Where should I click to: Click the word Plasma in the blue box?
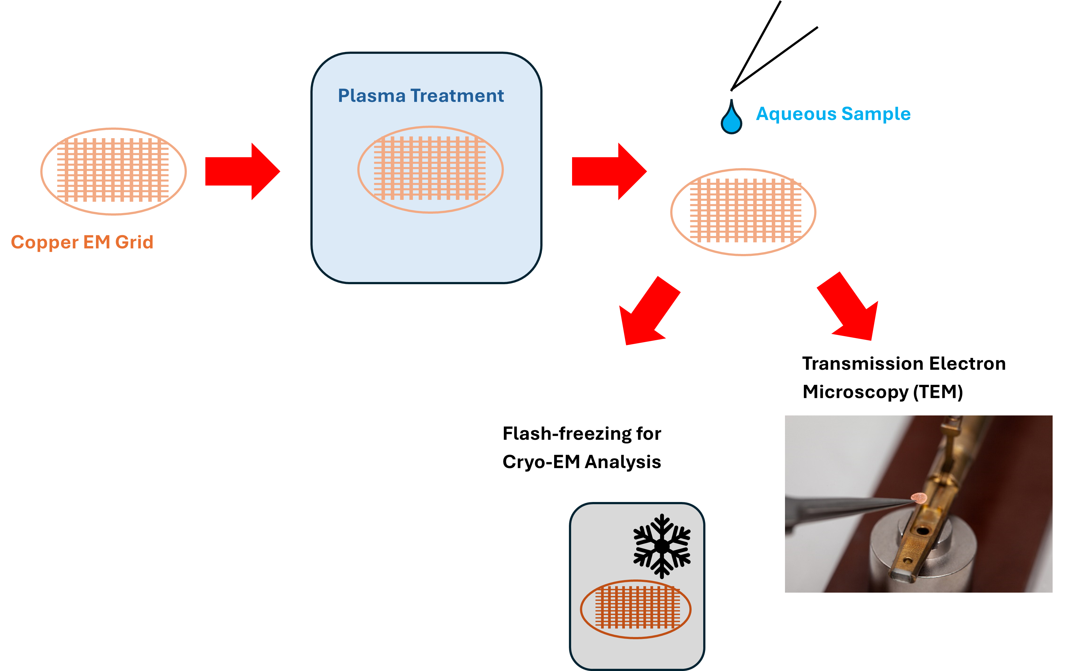pyautogui.click(x=372, y=96)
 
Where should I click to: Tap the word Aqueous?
pyautogui.click(x=796, y=114)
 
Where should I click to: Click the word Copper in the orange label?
pyautogui.click(x=44, y=243)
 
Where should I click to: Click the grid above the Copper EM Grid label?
pyautogui.click(x=114, y=171)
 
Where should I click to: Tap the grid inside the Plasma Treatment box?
pyautogui.click(x=430, y=169)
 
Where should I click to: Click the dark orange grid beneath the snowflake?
pyautogui.click(x=636, y=608)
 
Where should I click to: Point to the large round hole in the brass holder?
pyautogui.click(x=923, y=530)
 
